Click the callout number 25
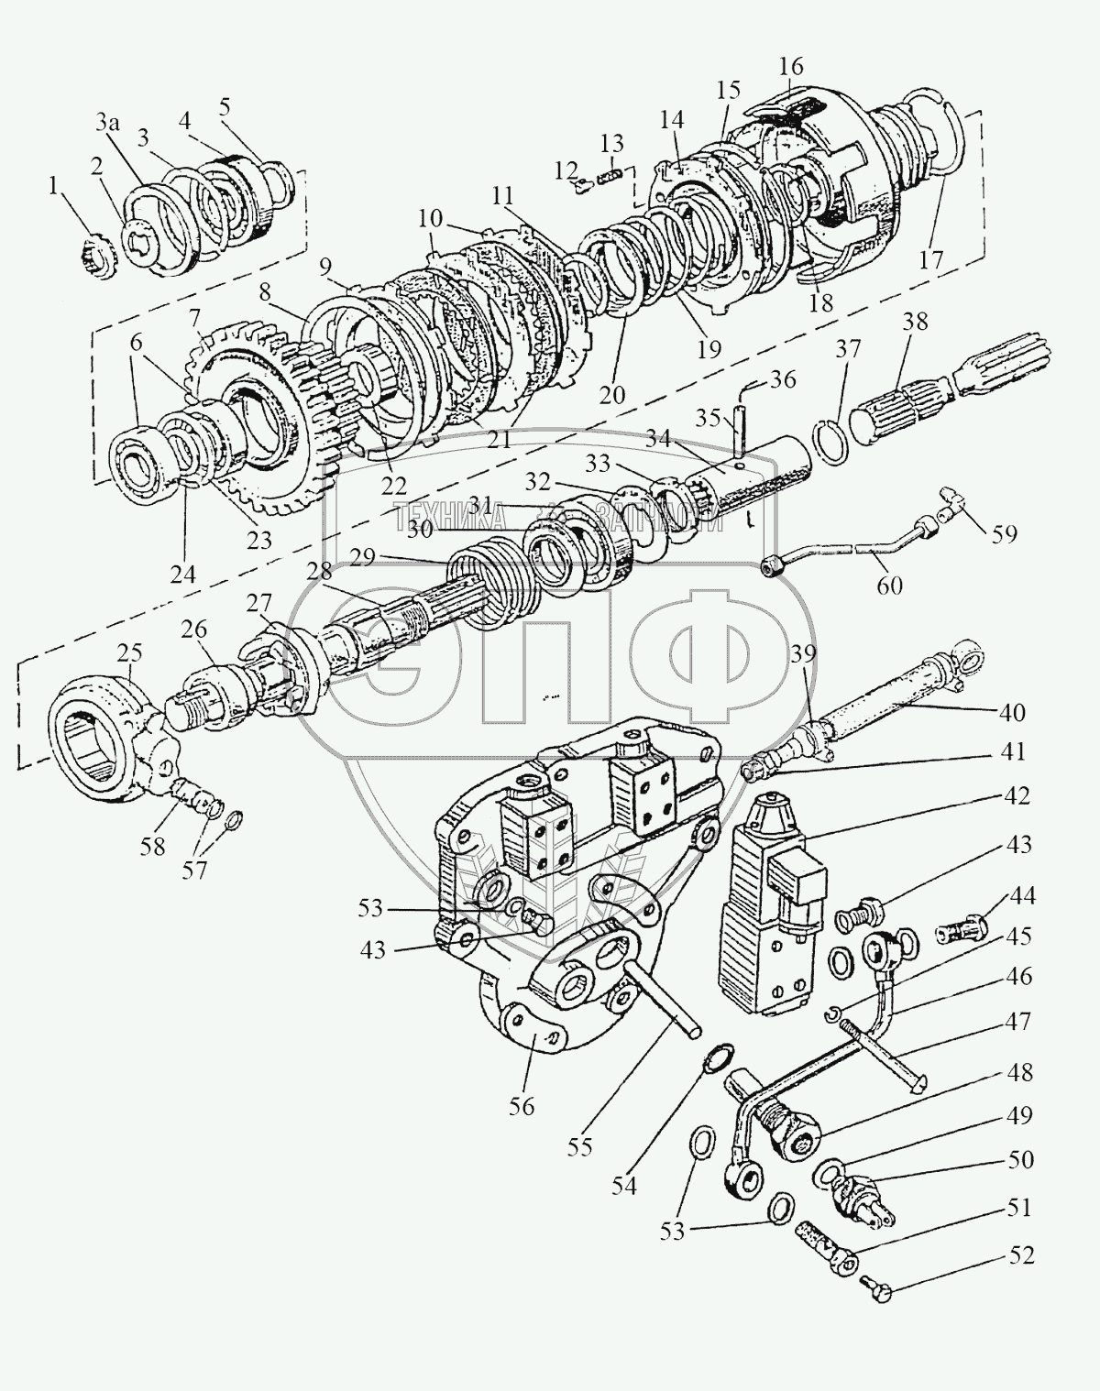[x=129, y=653]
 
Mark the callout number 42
[x=1016, y=795]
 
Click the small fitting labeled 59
[x=953, y=503]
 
